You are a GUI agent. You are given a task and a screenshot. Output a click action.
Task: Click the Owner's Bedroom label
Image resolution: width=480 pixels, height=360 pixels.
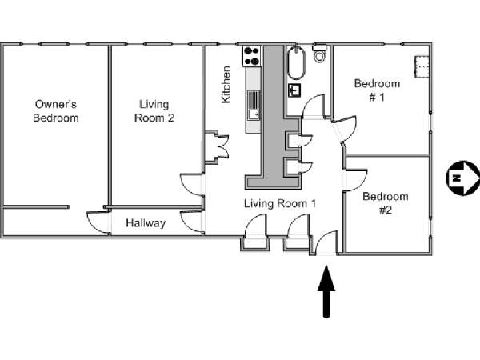pos(56,111)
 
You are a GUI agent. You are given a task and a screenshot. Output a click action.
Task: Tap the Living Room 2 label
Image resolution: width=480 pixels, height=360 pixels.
pos(154,111)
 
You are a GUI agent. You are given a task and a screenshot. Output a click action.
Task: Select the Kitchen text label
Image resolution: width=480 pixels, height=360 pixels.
pos(226,85)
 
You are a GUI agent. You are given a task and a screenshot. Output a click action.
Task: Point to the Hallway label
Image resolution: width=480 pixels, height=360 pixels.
pos(146,223)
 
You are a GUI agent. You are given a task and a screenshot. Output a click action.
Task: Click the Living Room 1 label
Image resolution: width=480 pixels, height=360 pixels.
pos(280,203)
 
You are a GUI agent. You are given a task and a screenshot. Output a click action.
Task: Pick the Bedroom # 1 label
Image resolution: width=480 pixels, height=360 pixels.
pos(377,90)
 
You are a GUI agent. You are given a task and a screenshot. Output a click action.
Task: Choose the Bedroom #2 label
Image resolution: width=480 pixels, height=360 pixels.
pos(386,203)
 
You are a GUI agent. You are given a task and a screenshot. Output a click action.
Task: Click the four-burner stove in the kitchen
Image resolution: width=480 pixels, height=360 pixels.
pos(252,56)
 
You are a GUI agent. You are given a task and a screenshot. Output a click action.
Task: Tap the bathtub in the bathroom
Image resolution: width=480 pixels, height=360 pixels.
pos(296,62)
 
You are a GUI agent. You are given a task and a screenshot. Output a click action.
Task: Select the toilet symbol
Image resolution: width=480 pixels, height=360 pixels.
pos(319,53)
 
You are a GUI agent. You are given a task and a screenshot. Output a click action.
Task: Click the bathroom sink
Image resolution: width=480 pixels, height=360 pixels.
pos(294,90)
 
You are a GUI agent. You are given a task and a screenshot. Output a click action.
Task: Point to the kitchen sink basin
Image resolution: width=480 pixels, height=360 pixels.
pos(254,114)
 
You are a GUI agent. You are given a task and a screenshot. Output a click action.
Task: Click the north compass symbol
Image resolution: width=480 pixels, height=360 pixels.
pos(462,178)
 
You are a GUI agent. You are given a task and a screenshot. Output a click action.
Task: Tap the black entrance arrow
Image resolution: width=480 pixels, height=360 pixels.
pos(326,291)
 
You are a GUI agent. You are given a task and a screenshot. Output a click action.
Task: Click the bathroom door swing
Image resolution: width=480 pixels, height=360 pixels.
pos(314,106)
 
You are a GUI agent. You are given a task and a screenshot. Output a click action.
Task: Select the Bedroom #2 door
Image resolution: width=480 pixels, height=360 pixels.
pos(356,180)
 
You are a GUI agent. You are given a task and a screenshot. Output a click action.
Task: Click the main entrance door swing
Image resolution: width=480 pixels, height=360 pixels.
pos(326,242)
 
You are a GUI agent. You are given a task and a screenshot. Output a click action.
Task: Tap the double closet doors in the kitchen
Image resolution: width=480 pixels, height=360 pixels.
pos(223,146)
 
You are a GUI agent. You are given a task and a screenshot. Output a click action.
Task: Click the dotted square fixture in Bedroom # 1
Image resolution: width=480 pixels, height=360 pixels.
pos(422,66)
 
